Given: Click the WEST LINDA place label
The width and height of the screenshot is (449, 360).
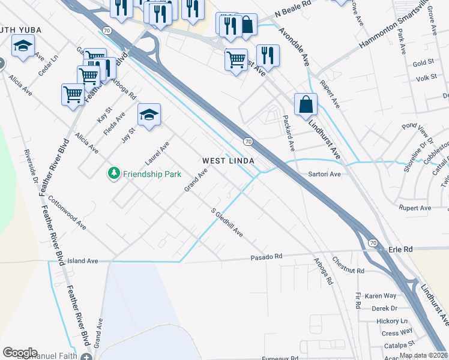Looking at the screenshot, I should [228, 161].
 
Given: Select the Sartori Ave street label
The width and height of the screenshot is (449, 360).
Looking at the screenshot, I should [324, 174].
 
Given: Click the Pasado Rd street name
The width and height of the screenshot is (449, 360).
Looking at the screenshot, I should [266, 257].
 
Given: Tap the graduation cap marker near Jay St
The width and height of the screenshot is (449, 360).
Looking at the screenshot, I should [149, 114].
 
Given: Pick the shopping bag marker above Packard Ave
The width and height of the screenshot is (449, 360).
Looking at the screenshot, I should [306, 103].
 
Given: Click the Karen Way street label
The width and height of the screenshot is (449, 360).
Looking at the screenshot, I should [381, 296].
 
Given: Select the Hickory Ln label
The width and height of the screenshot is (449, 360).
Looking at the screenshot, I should [391, 321].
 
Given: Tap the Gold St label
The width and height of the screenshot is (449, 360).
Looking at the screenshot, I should [423, 63].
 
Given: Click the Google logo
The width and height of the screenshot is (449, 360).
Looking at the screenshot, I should [20, 353].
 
